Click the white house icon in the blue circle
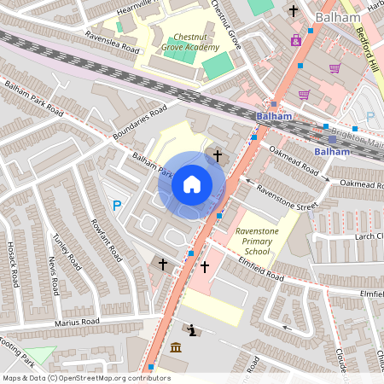click(192, 184)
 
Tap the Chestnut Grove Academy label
click(184, 42)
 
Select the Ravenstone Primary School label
click(257, 241)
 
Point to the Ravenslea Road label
click(111, 44)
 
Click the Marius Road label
click(78, 323)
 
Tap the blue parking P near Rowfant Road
click(117, 205)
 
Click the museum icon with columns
click(176, 348)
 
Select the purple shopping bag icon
click(296, 40)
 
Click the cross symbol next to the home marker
click(217, 155)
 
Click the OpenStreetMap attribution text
click(86, 377)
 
